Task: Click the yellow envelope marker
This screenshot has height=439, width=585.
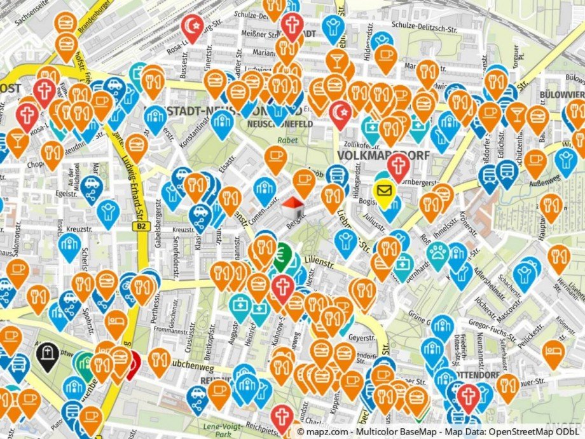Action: tap(383, 189)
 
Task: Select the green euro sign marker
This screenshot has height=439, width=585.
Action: tap(283, 255)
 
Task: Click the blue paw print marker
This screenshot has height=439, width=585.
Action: tap(438, 252)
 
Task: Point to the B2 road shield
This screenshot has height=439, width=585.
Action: tap(141, 226)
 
